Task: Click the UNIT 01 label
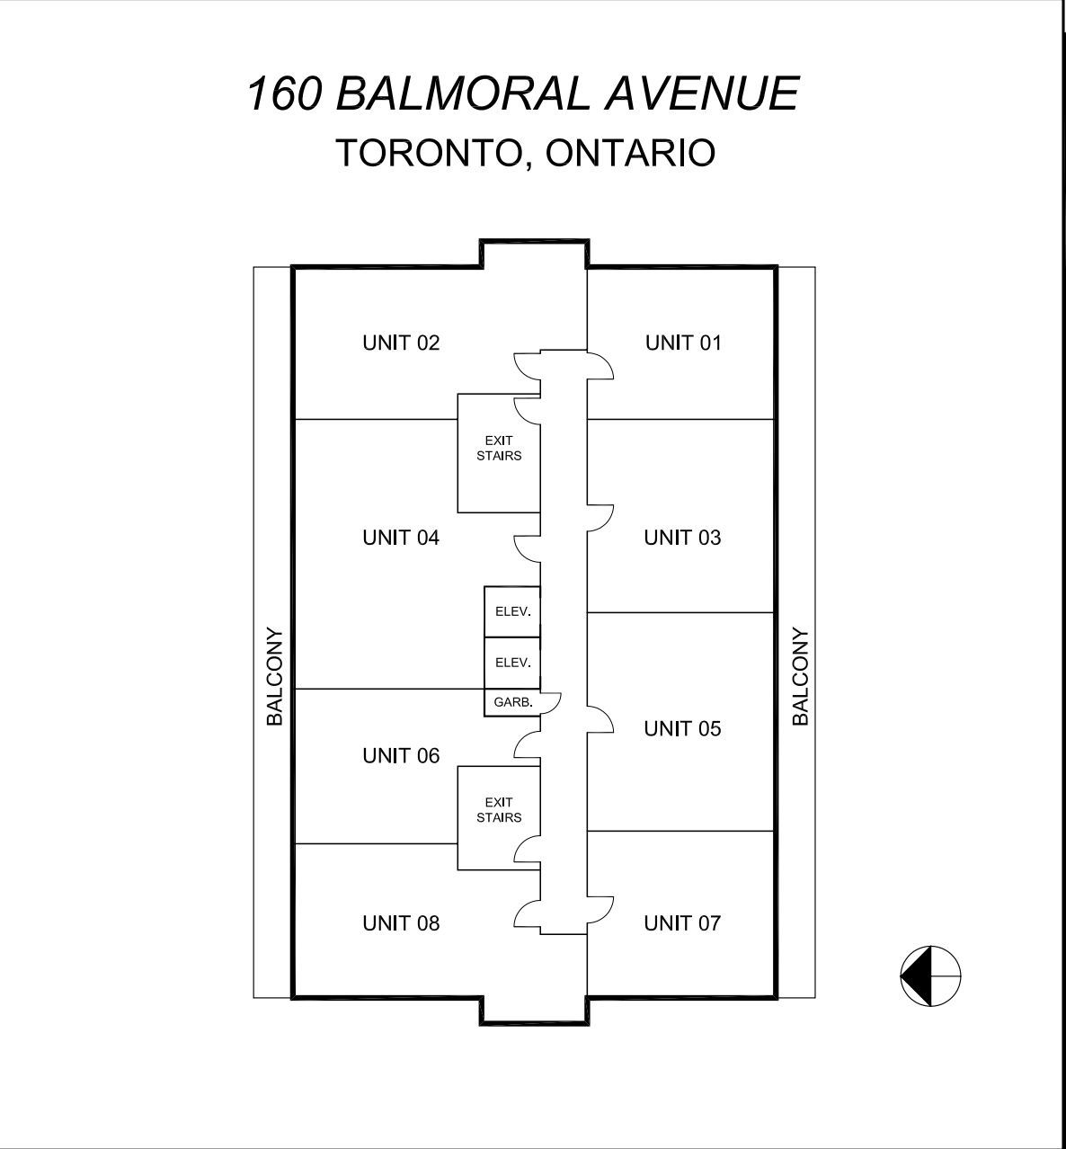pyautogui.click(x=683, y=343)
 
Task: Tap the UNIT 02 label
pyautogui.click(x=401, y=343)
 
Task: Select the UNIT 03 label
pyautogui.click(x=682, y=538)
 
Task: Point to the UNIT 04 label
pyautogui.click(x=401, y=538)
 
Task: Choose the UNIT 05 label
pyautogui.click(x=682, y=729)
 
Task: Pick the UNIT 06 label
pyautogui.click(x=401, y=755)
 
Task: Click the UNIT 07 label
pyautogui.click(x=682, y=923)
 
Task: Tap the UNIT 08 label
pyautogui.click(x=401, y=923)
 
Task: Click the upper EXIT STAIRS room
pyautogui.click(x=499, y=453)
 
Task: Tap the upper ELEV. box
pyautogui.click(x=512, y=611)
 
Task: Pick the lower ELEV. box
pyautogui.click(x=512, y=663)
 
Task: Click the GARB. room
pyautogui.click(x=512, y=703)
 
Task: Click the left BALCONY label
pyautogui.click(x=275, y=676)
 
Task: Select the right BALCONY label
pyautogui.click(x=801, y=676)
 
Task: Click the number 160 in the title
pyautogui.click(x=285, y=94)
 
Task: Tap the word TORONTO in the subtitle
pyautogui.click(x=427, y=153)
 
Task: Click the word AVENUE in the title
pyautogui.click(x=702, y=94)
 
